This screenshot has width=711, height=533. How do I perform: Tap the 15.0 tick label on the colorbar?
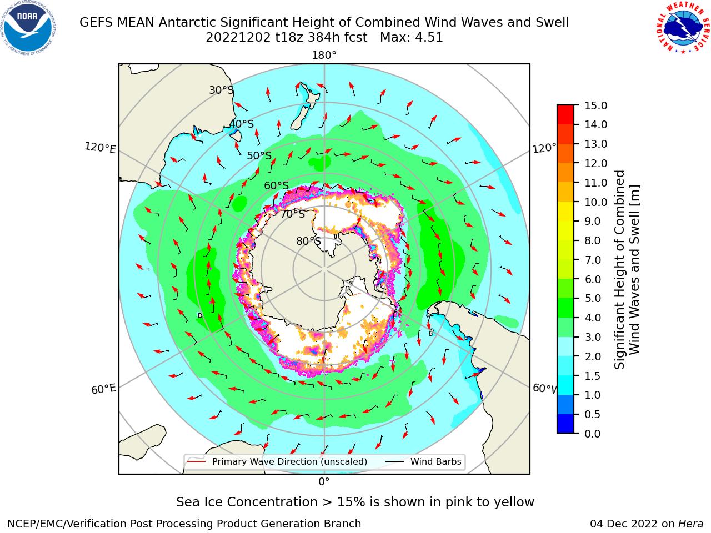(595, 105)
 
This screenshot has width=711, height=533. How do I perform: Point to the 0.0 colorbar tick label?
(593, 434)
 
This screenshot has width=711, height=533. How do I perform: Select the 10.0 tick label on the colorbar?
(595, 202)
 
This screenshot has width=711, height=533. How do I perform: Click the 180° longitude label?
(324, 56)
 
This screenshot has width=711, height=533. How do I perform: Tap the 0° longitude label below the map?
(324, 482)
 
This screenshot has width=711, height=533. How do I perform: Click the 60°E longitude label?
(103, 389)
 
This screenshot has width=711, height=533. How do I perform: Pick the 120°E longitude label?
(100, 148)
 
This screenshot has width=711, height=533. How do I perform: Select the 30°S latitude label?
(221, 90)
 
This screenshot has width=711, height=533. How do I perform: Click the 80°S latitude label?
(308, 241)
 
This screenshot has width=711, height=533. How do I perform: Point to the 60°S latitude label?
(276, 185)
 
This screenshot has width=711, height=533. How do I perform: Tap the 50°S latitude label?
(259, 155)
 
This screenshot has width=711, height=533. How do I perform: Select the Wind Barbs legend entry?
(423, 461)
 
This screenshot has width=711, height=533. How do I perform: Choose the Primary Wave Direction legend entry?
(278, 461)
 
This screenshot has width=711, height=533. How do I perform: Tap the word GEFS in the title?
(96, 22)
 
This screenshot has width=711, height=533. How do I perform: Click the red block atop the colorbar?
(565, 115)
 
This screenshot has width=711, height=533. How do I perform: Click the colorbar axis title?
(627, 269)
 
